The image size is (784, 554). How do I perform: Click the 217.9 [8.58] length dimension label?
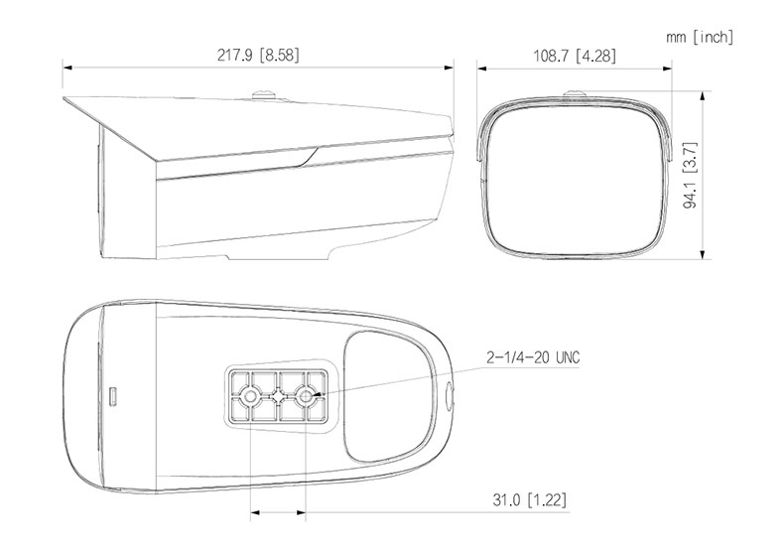pos(258,55)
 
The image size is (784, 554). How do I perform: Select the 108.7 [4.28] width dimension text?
pos(575,55)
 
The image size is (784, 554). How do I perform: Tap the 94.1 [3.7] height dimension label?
pos(690,175)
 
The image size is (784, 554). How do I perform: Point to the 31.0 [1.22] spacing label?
pos(530,499)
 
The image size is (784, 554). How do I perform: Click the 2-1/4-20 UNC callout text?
pos(533,357)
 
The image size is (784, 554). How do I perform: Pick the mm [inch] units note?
pos(700,37)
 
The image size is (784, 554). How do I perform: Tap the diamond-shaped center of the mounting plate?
pos(278,395)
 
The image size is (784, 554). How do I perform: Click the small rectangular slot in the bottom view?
pos(114,396)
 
